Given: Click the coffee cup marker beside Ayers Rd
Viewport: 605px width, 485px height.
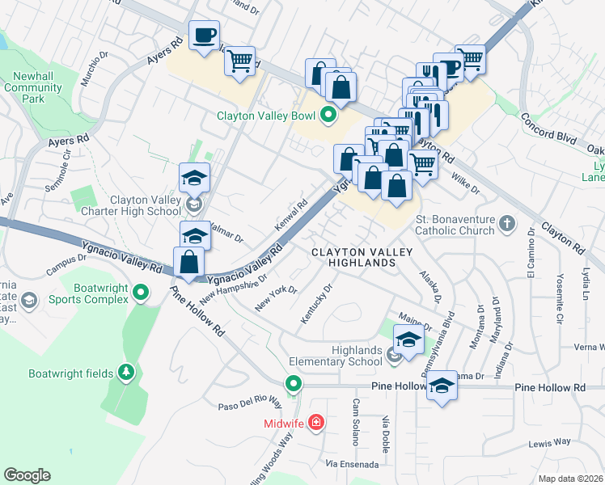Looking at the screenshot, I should [204, 35].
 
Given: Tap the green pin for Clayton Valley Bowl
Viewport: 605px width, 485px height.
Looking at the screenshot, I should [328, 116].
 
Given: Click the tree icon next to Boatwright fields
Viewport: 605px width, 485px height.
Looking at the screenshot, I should [125, 373].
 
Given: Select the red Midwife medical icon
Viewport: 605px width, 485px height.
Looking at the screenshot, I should [315, 423].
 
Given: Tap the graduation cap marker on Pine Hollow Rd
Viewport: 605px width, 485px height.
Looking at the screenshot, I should [442, 386].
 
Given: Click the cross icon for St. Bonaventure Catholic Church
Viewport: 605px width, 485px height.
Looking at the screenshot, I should [506, 224].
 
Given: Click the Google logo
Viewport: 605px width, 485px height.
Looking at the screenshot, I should [27, 475].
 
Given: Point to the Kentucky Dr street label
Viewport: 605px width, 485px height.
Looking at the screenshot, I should [316, 305].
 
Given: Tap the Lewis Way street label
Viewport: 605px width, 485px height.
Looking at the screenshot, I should [550, 442].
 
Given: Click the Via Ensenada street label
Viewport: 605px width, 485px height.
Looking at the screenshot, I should [351, 464].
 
